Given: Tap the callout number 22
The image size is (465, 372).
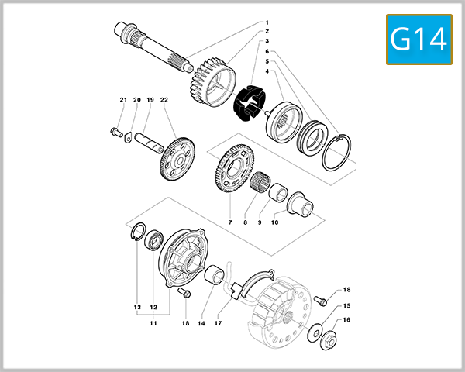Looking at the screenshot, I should [164, 100].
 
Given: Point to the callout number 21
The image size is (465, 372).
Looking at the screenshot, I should [122, 100].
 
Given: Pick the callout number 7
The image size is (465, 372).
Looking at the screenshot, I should [230, 222].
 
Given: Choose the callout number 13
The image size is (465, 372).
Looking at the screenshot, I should [137, 307].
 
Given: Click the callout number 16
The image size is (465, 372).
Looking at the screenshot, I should [346, 319].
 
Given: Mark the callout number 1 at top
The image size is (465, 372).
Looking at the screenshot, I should [267, 22].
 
